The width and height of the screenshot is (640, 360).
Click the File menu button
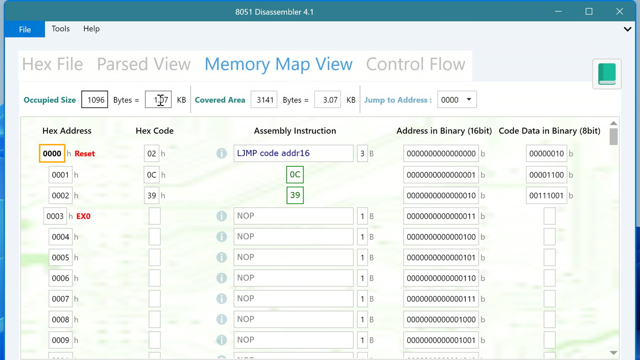point(25,29)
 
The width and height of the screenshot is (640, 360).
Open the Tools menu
point(60,29)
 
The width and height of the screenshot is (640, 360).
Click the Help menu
point(91,29)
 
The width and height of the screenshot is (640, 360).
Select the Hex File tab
point(53,64)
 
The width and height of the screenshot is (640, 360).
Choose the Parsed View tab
point(144,64)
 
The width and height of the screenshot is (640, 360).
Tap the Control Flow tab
point(416,64)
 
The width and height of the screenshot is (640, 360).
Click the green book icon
point(607,74)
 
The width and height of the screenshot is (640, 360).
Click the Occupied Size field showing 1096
point(95,99)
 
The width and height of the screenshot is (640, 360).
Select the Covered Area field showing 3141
point(264,99)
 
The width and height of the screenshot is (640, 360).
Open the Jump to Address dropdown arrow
point(469,99)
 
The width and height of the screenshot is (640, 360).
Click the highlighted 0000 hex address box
point(52,154)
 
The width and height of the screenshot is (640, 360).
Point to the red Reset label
point(85,154)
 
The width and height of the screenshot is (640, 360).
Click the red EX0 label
point(83,216)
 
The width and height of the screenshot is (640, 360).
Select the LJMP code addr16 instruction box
point(293,154)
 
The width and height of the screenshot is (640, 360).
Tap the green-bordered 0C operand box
point(295,175)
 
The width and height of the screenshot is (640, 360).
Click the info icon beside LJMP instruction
point(221,154)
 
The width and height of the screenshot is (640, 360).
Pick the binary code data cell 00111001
point(546,196)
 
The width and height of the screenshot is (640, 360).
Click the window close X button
point(619,11)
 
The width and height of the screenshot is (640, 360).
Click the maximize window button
point(589,11)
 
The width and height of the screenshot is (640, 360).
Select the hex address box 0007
point(60,299)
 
